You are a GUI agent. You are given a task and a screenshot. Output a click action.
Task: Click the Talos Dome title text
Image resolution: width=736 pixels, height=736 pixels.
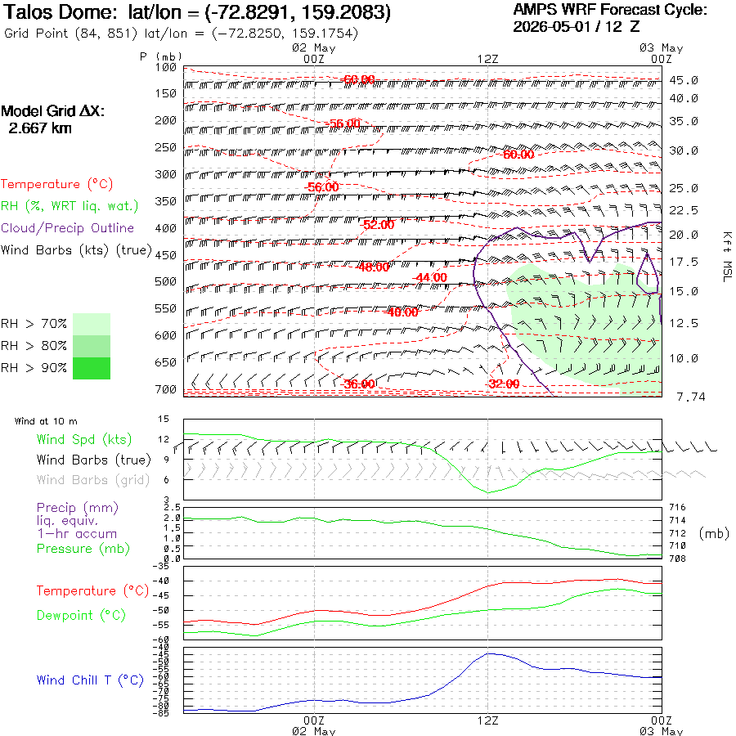pyautogui.click(x=59, y=12)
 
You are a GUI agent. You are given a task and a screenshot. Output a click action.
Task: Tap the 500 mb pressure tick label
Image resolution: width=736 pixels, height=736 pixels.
pyautogui.click(x=165, y=281)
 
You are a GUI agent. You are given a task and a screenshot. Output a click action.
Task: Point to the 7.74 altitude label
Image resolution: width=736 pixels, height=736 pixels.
pyautogui.click(x=691, y=397)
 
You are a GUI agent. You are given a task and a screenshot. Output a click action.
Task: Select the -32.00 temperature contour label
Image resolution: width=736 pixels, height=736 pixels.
pyautogui.click(x=504, y=384)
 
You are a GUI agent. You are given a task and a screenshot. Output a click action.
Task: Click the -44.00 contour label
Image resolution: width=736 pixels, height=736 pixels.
pyautogui.click(x=429, y=277)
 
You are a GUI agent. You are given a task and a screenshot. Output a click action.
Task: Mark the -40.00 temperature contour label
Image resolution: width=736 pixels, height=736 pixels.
pyautogui.click(x=402, y=312)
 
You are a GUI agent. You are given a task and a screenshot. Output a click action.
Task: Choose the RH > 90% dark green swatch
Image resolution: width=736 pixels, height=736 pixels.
pyautogui.click(x=92, y=368)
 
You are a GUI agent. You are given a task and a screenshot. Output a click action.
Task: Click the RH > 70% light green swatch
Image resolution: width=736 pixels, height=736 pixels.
pyautogui.click(x=92, y=324)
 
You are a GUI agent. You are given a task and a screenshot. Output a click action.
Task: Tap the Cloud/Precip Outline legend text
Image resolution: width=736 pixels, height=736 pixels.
pyautogui.click(x=68, y=228)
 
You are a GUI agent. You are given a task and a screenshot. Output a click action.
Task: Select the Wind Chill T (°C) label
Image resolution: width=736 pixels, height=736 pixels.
pyautogui.click(x=90, y=680)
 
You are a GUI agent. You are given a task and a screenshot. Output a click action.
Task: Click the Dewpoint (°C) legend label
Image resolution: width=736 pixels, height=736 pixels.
pyautogui.click(x=81, y=615)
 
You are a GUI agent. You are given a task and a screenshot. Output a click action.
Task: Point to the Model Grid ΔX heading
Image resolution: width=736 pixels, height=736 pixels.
pyautogui.click(x=52, y=111)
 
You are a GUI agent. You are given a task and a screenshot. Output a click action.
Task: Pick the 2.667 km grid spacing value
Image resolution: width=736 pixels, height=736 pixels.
pyautogui.click(x=40, y=128)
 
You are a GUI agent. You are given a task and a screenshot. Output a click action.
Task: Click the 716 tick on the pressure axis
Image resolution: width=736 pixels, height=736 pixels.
pyautogui.click(x=677, y=507)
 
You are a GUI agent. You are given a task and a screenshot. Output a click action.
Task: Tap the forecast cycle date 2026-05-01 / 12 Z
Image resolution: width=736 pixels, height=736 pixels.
pyautogui.click(x=577, y=26)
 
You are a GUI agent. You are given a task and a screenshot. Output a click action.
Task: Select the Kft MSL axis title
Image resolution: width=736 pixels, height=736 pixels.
pyautogui.click(x=727, y=257)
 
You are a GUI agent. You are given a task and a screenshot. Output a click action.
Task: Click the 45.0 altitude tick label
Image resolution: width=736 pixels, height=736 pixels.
pyautogui.click(x=684, y=80)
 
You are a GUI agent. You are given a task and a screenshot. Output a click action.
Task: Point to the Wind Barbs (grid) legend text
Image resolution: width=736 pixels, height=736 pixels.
pyautogui.click(x=93, y=480)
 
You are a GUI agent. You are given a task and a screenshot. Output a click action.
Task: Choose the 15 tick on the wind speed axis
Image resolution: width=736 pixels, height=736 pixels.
pyautogui.click(x=164, y=419)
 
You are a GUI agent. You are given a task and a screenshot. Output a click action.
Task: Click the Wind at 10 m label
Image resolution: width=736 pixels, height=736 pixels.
pyautogui.click(x=46, y=421)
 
